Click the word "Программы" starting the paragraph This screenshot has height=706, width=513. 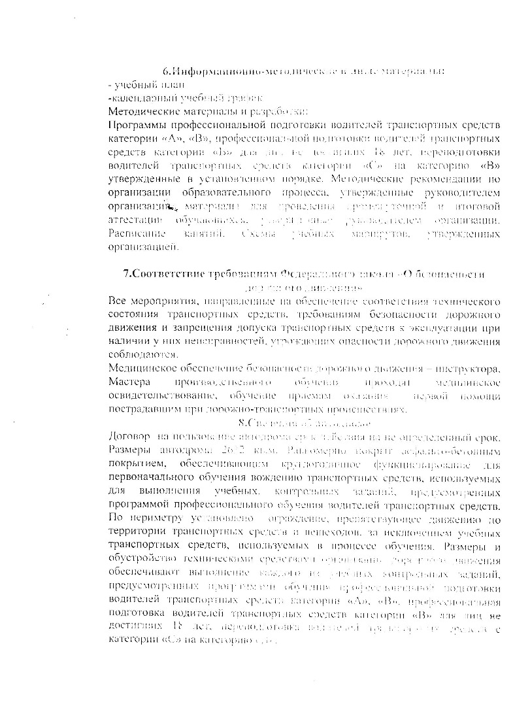pyautogui.click(x=139, y=124)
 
